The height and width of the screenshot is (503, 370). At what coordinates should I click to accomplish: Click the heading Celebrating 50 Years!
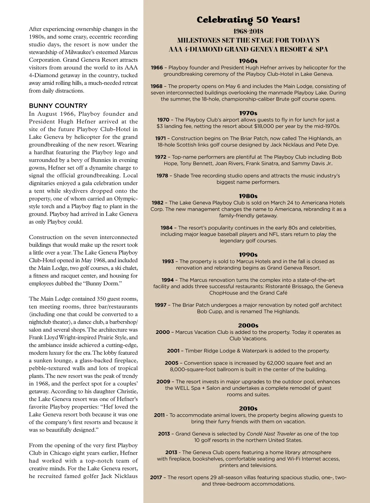coord(248,20)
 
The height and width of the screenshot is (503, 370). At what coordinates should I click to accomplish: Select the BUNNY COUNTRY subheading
coord(58,106)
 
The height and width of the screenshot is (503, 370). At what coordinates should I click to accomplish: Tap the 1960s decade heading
coord(248,61)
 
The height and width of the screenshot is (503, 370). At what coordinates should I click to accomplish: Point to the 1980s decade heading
coord(248,196)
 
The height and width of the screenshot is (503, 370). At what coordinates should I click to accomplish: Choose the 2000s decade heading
coord(248,325)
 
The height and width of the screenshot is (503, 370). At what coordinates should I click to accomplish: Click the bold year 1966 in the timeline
coord(157,68)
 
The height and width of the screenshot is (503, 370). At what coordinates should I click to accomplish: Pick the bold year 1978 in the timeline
coord(162,176)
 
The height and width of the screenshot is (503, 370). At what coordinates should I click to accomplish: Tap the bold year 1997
coord(161,305)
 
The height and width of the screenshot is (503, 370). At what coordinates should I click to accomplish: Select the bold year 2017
coord(156,477)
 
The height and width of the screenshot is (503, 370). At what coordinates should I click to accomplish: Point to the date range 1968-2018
coord(248,31)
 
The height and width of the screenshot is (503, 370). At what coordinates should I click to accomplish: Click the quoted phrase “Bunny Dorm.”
coord(101,283)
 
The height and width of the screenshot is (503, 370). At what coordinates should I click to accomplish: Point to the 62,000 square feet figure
coord(290,363)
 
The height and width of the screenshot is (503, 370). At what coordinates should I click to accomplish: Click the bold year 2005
coord(171,363)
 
